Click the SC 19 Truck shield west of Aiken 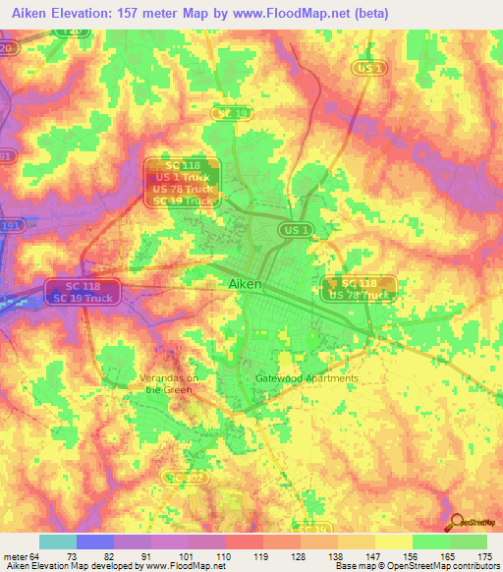[x=85, y=297]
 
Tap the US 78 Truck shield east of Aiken [x=359, y=294]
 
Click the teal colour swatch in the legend [x=57, y=542]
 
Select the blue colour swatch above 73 [x=94, y=542]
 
